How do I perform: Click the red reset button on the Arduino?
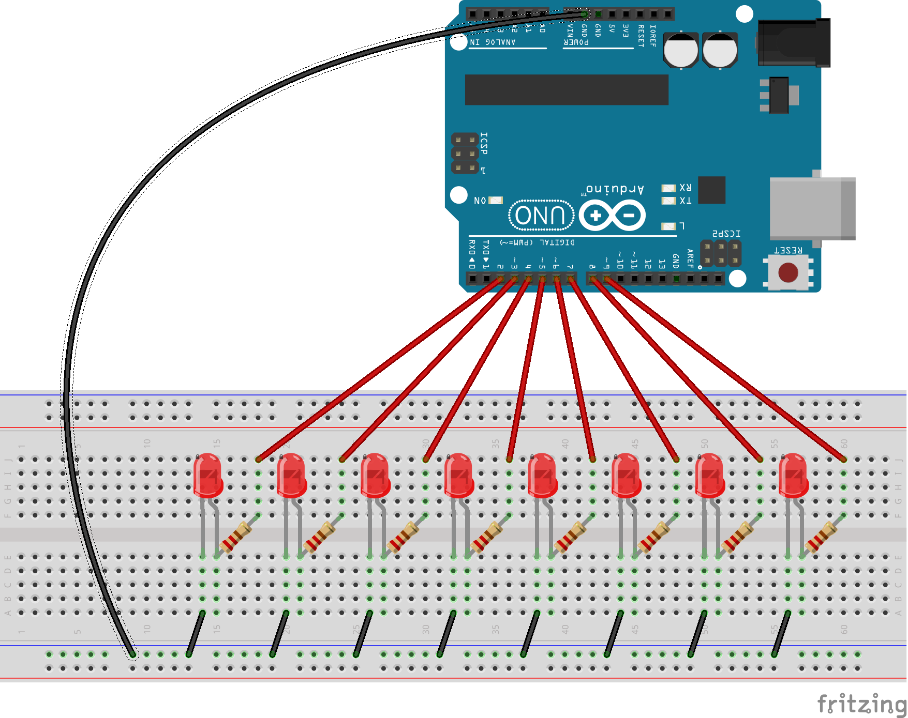click(x=788, y=272)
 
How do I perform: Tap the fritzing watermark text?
click(x=861, y=704)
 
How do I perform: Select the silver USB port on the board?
click(x=812, y=208)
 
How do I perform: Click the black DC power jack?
click(x=794, y=43)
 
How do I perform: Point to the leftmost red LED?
click(x=207, y=475)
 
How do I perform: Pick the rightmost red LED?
click(x=793, y=475)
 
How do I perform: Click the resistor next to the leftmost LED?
click(x=236, y=536)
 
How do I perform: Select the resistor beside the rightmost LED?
click(x=822, y=536)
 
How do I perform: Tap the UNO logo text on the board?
click(x=541, y=215)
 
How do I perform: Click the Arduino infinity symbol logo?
click(x=612, y=215)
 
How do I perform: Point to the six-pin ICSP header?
click(x=465, y=154)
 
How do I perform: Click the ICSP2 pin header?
click(x=720, y=253)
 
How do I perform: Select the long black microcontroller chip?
click(x=567, y=89)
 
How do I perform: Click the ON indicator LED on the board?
click(x=496, y=201)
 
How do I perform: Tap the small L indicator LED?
click(x=668, y=226)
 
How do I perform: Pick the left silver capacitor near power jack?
click(x=681, y=50)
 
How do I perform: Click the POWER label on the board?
click(x=576, y=42)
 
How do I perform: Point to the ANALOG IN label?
click(x=493, y=42)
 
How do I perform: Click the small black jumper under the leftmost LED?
click(x=196, y=634)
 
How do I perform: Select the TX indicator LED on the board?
click(x=668, y=201)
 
